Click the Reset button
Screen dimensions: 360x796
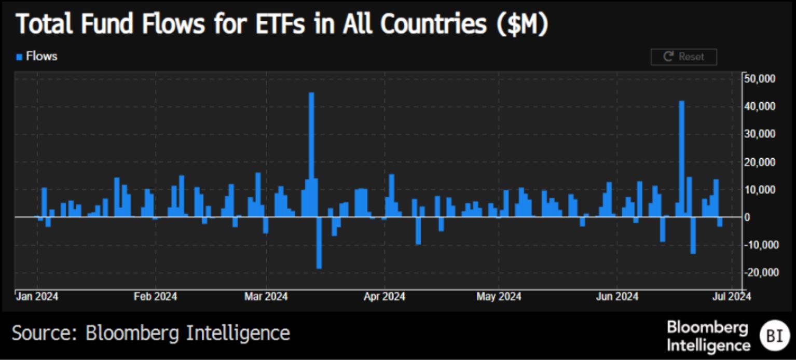tap(683, 57)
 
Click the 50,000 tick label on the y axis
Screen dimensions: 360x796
tap(759, 78)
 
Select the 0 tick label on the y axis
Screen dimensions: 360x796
tap(747, 217)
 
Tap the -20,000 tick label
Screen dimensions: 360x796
tap(759, 272)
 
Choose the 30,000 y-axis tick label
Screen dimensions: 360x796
tap(759, 134)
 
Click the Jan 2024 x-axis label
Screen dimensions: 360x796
tap(36, 297)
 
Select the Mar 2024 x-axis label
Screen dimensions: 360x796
tap(266, 297)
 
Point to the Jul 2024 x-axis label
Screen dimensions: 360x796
tap(732, 297)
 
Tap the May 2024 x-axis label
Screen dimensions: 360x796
tap(499, 297)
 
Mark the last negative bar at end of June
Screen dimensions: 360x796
tap(720, 221)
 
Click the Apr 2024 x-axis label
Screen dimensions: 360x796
tap(385, 297)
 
